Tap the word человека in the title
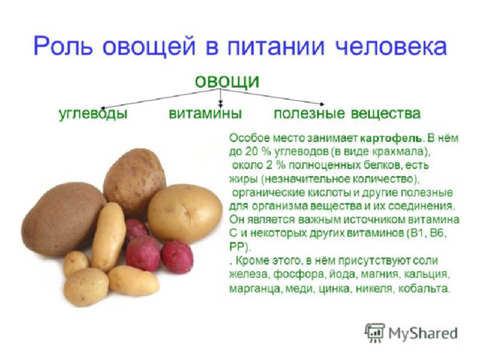391,47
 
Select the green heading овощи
227,81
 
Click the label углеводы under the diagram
93,113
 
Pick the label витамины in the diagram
205,113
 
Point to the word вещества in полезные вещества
385,113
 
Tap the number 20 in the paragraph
251,152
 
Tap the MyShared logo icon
374,333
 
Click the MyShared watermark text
423,334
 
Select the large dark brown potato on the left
63,219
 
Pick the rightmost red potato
177,256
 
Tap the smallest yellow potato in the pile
76,262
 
